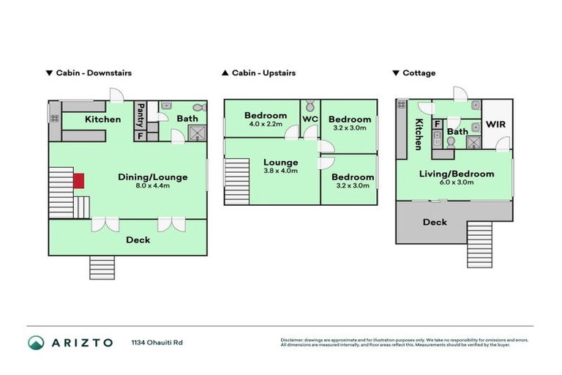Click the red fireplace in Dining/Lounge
tap(79, 181)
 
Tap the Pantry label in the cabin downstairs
tap(140, 115)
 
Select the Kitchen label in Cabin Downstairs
tap(102, 119)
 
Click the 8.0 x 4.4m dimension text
tap(153, 186)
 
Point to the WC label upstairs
tap(310, 118)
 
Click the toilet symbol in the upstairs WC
tap(310, 105)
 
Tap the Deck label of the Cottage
tap(435, 222)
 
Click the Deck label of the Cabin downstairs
tap(138, 240)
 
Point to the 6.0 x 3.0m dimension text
tap(455, 182)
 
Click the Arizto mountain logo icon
tap(36, 342)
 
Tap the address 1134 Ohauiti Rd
tap(157, 342)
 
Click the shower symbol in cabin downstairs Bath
tap(196, 133)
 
